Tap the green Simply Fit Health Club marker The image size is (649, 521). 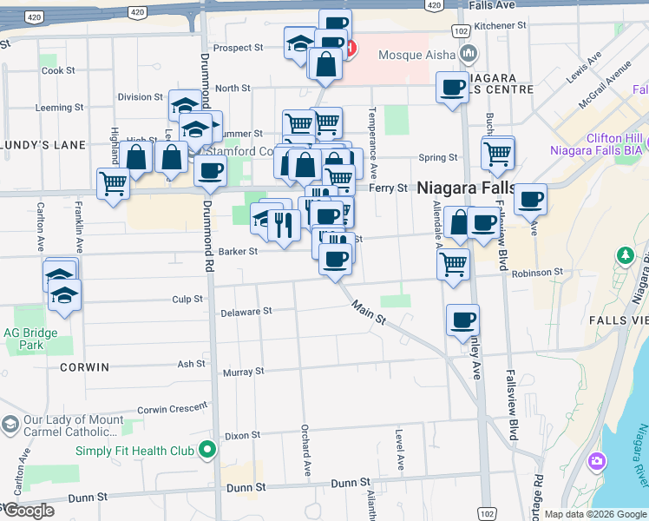(x=206, y=450)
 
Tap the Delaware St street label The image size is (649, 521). (x=246, y=311)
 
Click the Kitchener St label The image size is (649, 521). (x=501, y=26)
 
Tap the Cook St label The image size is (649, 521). (x=58, y=70)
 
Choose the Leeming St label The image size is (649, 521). (x=58, y=109)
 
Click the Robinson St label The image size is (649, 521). (x=536, y=273)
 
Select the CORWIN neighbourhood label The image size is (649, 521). (x=85, y=367)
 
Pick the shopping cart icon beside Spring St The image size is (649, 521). (x=498, y=153)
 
